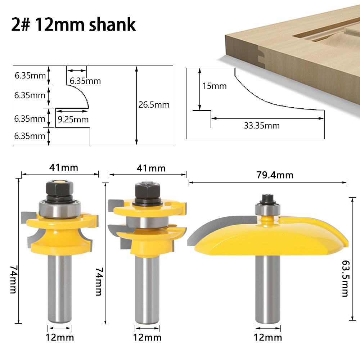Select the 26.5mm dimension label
point(154,105)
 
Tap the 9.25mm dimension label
point(73,119)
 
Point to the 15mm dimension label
point(215,86)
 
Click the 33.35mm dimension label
point(262,126)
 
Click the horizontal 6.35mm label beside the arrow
point(85,81)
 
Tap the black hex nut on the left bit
point(59,188)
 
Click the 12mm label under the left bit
point(59,337)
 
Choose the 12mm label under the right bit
point(268,337)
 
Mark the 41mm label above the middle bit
point(151,168)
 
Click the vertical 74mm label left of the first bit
point(13,279)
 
